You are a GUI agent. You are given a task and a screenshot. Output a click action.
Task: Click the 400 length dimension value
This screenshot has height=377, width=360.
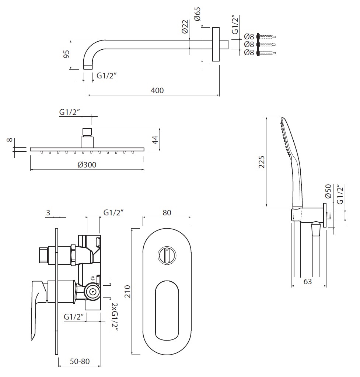pyautogui.click(x=157, y=90)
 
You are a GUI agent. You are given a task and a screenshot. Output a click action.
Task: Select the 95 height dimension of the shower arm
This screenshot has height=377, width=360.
pyautogui.click(x=66, y=54)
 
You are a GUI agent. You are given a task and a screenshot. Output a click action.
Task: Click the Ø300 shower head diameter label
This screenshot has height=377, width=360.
pyautogui.click(x=87, y=165)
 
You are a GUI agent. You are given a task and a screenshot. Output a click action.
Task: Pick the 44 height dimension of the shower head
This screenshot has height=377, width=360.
pyautogui.click(x=155, y=140)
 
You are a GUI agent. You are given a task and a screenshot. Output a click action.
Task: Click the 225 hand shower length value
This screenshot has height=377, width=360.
pyautogui.click(x=262, y=162)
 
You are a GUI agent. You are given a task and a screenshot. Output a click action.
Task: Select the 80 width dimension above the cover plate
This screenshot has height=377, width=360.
pyautogui.click(x=167, y=213)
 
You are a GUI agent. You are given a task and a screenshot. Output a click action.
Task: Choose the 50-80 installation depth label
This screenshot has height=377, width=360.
pyautogui.click(x=80, y=362)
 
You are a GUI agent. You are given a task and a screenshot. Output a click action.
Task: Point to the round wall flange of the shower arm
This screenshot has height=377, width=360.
pyautogui.click(x=216, y=44)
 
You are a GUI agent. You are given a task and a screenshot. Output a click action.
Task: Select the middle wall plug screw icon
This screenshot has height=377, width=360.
pyautogui.click(x=267, y=45)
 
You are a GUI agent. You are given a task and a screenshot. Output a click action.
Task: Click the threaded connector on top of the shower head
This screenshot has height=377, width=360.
pyautogui.click(x=87, y=132)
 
